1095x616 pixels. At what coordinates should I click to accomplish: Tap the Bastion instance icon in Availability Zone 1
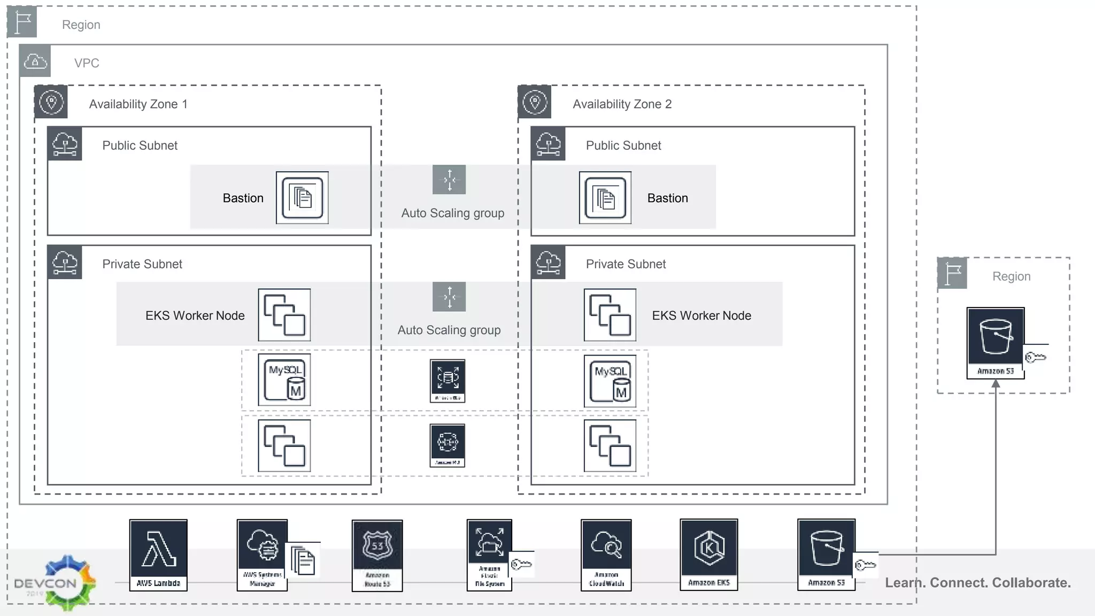[x=302, y=198]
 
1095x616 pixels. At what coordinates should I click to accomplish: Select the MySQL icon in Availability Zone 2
[x=610, y=381]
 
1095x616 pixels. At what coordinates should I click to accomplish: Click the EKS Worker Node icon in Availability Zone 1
[x=284, y=315]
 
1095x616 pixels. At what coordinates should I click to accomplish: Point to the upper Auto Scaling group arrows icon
[x=449, y=180]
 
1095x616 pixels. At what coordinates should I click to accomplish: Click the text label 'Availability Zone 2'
[x=622, y=104]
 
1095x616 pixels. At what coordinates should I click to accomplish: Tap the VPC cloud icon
[x=35, y=61]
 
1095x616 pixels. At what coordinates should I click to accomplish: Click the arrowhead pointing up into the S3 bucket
[x=996, y=383]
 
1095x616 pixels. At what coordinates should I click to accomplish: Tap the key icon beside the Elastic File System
[x=521, y=564]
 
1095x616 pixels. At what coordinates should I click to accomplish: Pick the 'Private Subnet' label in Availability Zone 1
[x=142, y=264]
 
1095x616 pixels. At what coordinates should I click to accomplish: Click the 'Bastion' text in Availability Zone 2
[x=667, y=198]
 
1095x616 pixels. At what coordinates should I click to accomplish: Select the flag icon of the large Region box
[x=22, y=22]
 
